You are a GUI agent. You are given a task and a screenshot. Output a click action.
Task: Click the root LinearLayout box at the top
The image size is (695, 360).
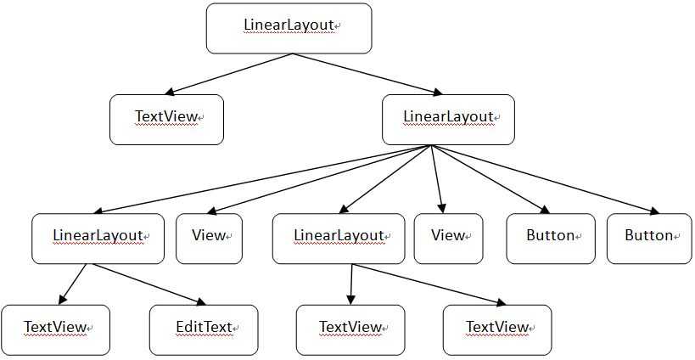(289, 28)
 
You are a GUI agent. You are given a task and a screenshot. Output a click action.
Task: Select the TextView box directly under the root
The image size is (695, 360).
(166, 119)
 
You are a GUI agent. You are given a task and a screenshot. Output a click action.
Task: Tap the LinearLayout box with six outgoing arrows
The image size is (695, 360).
(448, 119)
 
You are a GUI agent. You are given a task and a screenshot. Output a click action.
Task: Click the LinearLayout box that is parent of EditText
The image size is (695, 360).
(98, 238)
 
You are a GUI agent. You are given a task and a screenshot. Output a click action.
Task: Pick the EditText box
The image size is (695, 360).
(204, 329)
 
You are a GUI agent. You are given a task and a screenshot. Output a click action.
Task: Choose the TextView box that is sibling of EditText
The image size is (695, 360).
(55, 329)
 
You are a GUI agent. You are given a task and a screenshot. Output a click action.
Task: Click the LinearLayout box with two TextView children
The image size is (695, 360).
(338, 238)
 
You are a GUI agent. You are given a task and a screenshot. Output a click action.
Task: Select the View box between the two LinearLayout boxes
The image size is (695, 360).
(209, 238)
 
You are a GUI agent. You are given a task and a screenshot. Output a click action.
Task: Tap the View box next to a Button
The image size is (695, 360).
(448, 238)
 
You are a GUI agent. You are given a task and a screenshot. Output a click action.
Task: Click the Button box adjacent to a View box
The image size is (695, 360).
(551, 238)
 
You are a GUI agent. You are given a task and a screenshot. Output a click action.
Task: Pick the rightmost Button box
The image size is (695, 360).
(649, 238)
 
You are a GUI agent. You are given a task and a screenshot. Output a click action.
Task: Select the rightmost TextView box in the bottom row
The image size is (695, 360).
(496, 329)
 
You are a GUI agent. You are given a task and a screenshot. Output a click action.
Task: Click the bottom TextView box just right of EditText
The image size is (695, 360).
(350, 329)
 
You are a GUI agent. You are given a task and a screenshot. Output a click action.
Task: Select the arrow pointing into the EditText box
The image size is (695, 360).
(149, 284)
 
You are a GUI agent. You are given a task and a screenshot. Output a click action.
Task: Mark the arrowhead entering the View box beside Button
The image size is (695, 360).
(441, 206)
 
